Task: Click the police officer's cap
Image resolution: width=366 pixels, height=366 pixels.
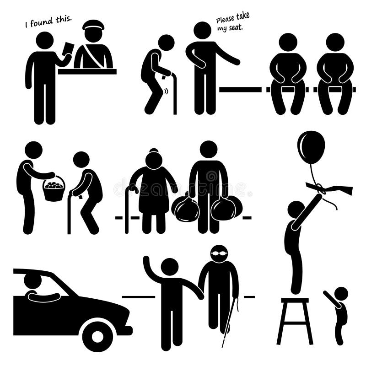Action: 93,25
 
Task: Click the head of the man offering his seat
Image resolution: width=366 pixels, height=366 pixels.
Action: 202,30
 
